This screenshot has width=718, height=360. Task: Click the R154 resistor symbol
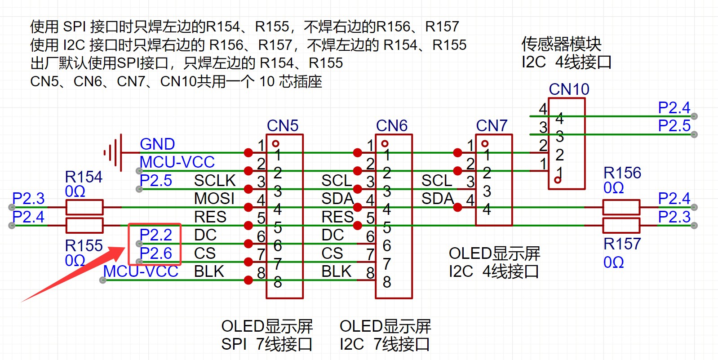tap(84, 207)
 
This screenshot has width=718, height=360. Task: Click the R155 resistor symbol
tap(84, 225)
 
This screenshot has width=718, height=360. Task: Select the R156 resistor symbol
tap(621, 207)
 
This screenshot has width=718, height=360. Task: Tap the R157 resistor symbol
tap(621, 225)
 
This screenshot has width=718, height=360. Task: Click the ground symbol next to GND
tap(114, 153)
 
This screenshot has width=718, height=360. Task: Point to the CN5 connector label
tap(283, 125)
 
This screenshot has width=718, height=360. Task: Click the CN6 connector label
tap(392, 125)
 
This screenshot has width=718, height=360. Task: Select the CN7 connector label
tap(492, 125)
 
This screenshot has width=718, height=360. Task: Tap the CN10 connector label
tap(569, 89)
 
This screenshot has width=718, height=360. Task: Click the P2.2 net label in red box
tap(155, 235)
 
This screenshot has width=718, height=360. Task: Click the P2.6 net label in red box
tap(155, 253)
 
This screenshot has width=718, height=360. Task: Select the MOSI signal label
tap(214, 198)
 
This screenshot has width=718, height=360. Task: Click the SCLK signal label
tap(215, 180)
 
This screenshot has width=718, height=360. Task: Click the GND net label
tap(157, 144)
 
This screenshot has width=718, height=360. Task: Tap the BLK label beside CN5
tap(209, 271)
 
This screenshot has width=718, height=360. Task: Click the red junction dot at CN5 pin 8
tap(248, 280)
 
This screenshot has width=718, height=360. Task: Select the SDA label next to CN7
tap(437, 198)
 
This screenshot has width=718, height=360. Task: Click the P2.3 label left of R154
tap(28, 198)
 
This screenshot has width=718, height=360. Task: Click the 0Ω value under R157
tap(613, 262)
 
